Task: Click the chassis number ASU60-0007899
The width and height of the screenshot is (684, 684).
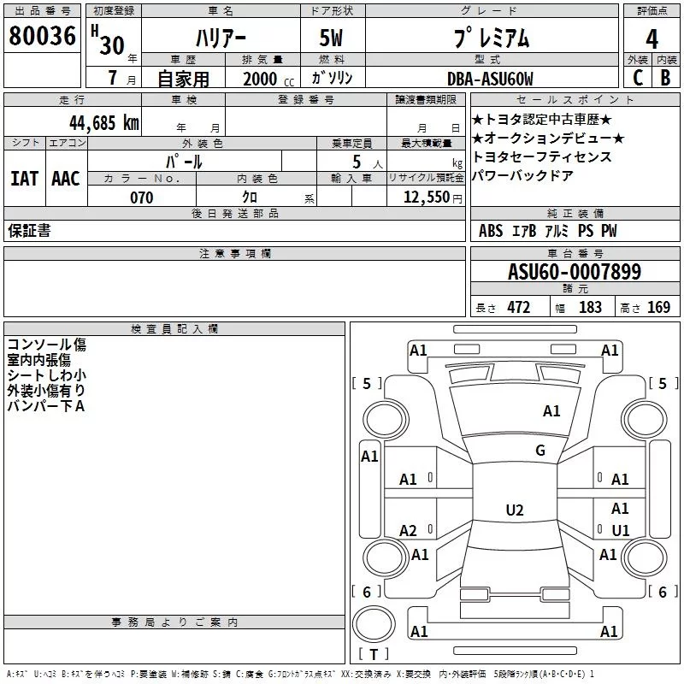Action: click(574, 272)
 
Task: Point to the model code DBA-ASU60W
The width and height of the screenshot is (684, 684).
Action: click(489, 79)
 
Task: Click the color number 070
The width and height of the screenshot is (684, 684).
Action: click(141, 198)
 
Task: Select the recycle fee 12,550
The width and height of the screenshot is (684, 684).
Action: click(426, 198)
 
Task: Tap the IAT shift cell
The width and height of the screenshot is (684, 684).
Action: click(24, 179)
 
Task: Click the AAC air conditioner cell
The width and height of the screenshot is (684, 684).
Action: click(65, 179)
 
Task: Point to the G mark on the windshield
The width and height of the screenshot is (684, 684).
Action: click(540, 451)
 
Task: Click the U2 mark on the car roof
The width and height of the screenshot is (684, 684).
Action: click(514, 510)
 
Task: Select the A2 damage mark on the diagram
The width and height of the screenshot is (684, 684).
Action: click(409, 531)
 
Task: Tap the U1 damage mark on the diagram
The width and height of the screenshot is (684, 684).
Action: click(621, 531)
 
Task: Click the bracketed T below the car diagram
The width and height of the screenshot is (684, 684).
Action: click(374, 655)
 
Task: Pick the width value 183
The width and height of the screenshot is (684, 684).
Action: click(590, 308)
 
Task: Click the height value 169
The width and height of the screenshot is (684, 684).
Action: click(658, 308)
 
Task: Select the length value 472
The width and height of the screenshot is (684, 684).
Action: click(518, 308)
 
